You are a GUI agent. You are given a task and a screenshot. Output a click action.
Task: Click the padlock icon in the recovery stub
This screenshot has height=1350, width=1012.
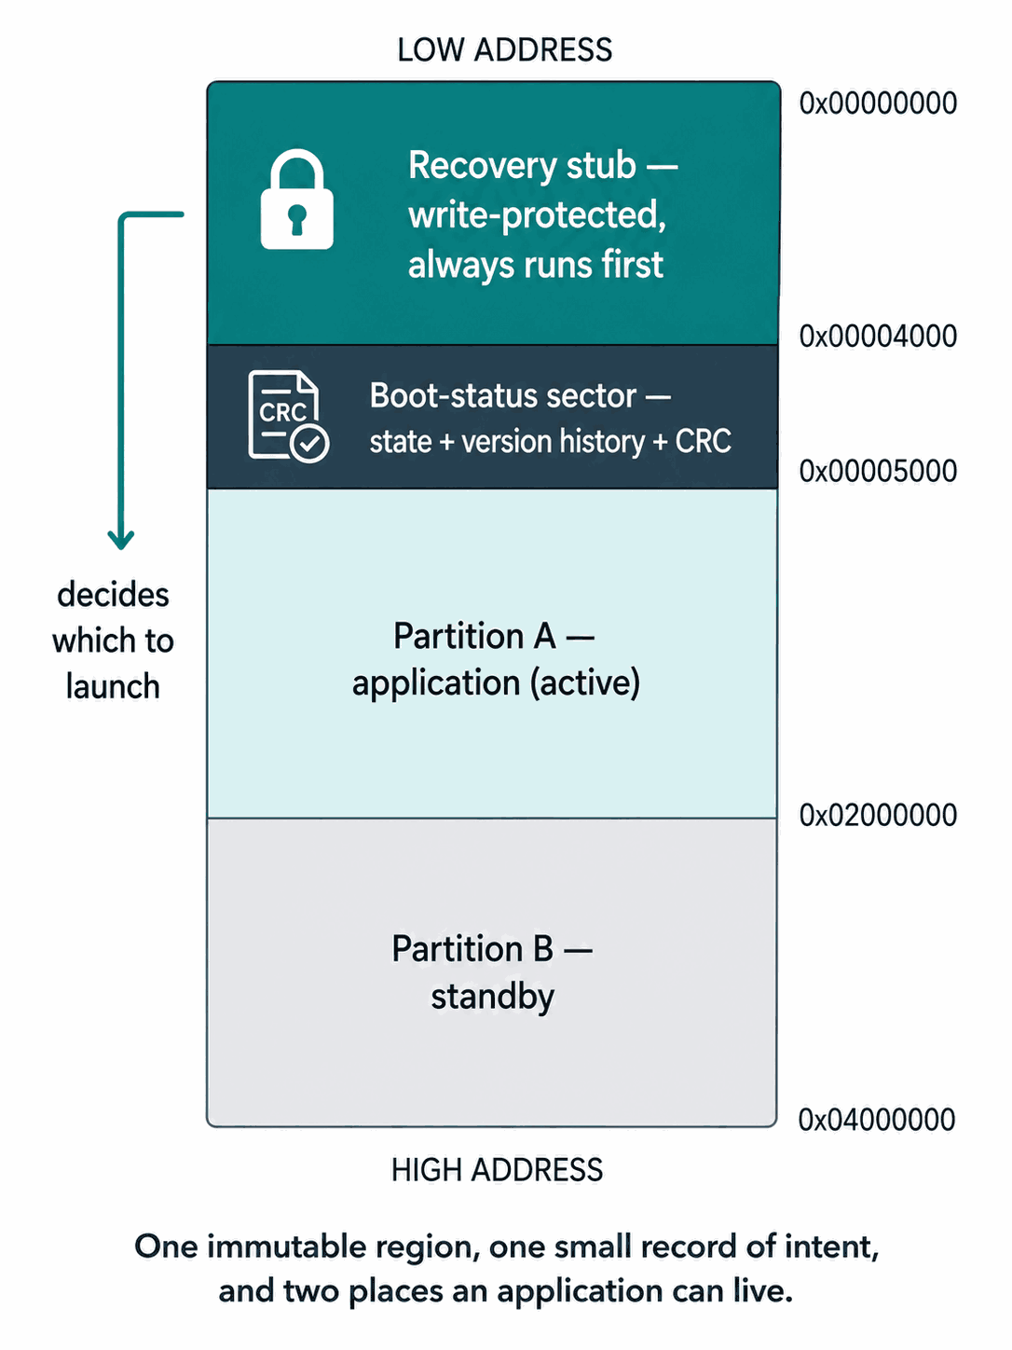coord(296,199)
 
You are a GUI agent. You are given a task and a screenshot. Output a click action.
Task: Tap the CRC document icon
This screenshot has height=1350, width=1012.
coord(288,416)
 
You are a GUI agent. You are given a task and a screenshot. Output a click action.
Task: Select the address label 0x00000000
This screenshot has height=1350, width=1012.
coord(878,103)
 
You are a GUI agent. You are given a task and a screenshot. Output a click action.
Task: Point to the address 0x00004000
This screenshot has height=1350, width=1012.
coord(878,336)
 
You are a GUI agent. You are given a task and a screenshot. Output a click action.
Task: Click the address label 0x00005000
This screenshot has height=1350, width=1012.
coord(878,471)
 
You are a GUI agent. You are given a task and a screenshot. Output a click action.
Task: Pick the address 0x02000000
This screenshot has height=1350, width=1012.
coord(878,814)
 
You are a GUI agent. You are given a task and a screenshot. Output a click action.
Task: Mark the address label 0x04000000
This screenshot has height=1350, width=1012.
coord(876,1119)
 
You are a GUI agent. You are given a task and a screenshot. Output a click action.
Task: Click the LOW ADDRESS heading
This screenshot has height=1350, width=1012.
coord(504,49)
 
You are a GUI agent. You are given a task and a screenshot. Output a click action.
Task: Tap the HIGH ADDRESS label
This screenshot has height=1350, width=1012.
coord(497,1169)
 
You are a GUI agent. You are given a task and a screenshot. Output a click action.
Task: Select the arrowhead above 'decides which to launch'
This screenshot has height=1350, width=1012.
coord(121,539)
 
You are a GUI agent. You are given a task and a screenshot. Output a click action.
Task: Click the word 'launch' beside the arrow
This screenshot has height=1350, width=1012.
coord(113,685)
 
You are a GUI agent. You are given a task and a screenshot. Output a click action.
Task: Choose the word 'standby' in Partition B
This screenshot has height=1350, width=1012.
coord(493,997)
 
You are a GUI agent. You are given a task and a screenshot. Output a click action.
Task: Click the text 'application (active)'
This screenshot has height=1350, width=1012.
coord(496,682)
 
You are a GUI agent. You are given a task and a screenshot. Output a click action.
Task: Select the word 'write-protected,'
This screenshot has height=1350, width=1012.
coord(537,215)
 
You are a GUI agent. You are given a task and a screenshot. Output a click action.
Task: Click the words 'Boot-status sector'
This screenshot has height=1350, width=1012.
coord(502,395)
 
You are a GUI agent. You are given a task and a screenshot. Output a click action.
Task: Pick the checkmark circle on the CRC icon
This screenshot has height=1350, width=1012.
coord(309,442)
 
